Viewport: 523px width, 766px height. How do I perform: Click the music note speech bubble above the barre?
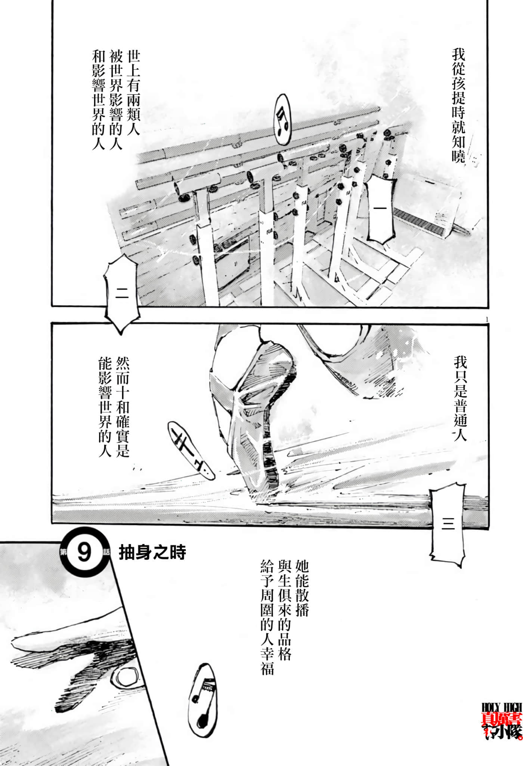[x=283, y=119]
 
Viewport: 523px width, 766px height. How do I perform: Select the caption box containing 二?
[x=122, y=294]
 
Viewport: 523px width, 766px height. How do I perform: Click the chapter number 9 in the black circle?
[x=84, y=552]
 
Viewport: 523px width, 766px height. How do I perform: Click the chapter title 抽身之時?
[x=152, y=553]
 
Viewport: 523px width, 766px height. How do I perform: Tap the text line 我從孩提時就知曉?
[x=458, y=106]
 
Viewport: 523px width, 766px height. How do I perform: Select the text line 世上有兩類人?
[x=133, y=93]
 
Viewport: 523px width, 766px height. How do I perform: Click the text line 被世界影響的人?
[x=116, y=100]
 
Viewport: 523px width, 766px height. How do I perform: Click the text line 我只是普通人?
[x=460, y=399]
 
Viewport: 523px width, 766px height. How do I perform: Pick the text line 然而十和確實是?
[x=123, y=407]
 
